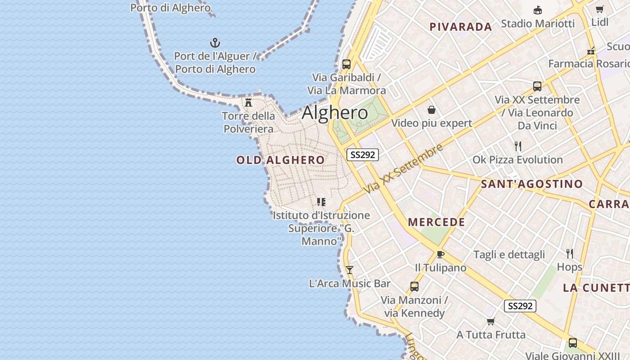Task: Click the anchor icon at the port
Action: [x=215, y=43]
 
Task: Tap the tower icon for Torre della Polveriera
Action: [x=248, y=102]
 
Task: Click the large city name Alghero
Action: [x=335, y=112]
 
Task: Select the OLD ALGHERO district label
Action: [x=280, y=160]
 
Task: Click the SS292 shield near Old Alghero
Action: [x=363, y=155]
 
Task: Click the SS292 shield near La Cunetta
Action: [x=520, y=306]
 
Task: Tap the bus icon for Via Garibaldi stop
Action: [x=346, y=64]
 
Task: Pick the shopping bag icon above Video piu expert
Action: [x=431, y=109]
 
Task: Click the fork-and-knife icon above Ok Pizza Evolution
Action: [x=517, y=146]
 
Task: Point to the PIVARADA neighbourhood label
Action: [x=461, y=27]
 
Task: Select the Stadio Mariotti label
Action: [x=538, y=23]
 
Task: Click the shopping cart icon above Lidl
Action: [x=599, y=9]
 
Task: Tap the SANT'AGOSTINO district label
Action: [x=531, y=184]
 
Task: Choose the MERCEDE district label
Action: [x=436, y=222]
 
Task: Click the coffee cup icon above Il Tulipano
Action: [x=440, y=254]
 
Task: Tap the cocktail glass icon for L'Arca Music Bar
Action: [x=349, y=270]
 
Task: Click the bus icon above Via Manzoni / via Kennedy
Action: [x=414, y=286]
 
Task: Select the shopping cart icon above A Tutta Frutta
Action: [x=490, y=321]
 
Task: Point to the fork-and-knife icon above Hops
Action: [x=569, y=253]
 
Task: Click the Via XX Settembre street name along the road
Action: [x=404, y=169]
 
